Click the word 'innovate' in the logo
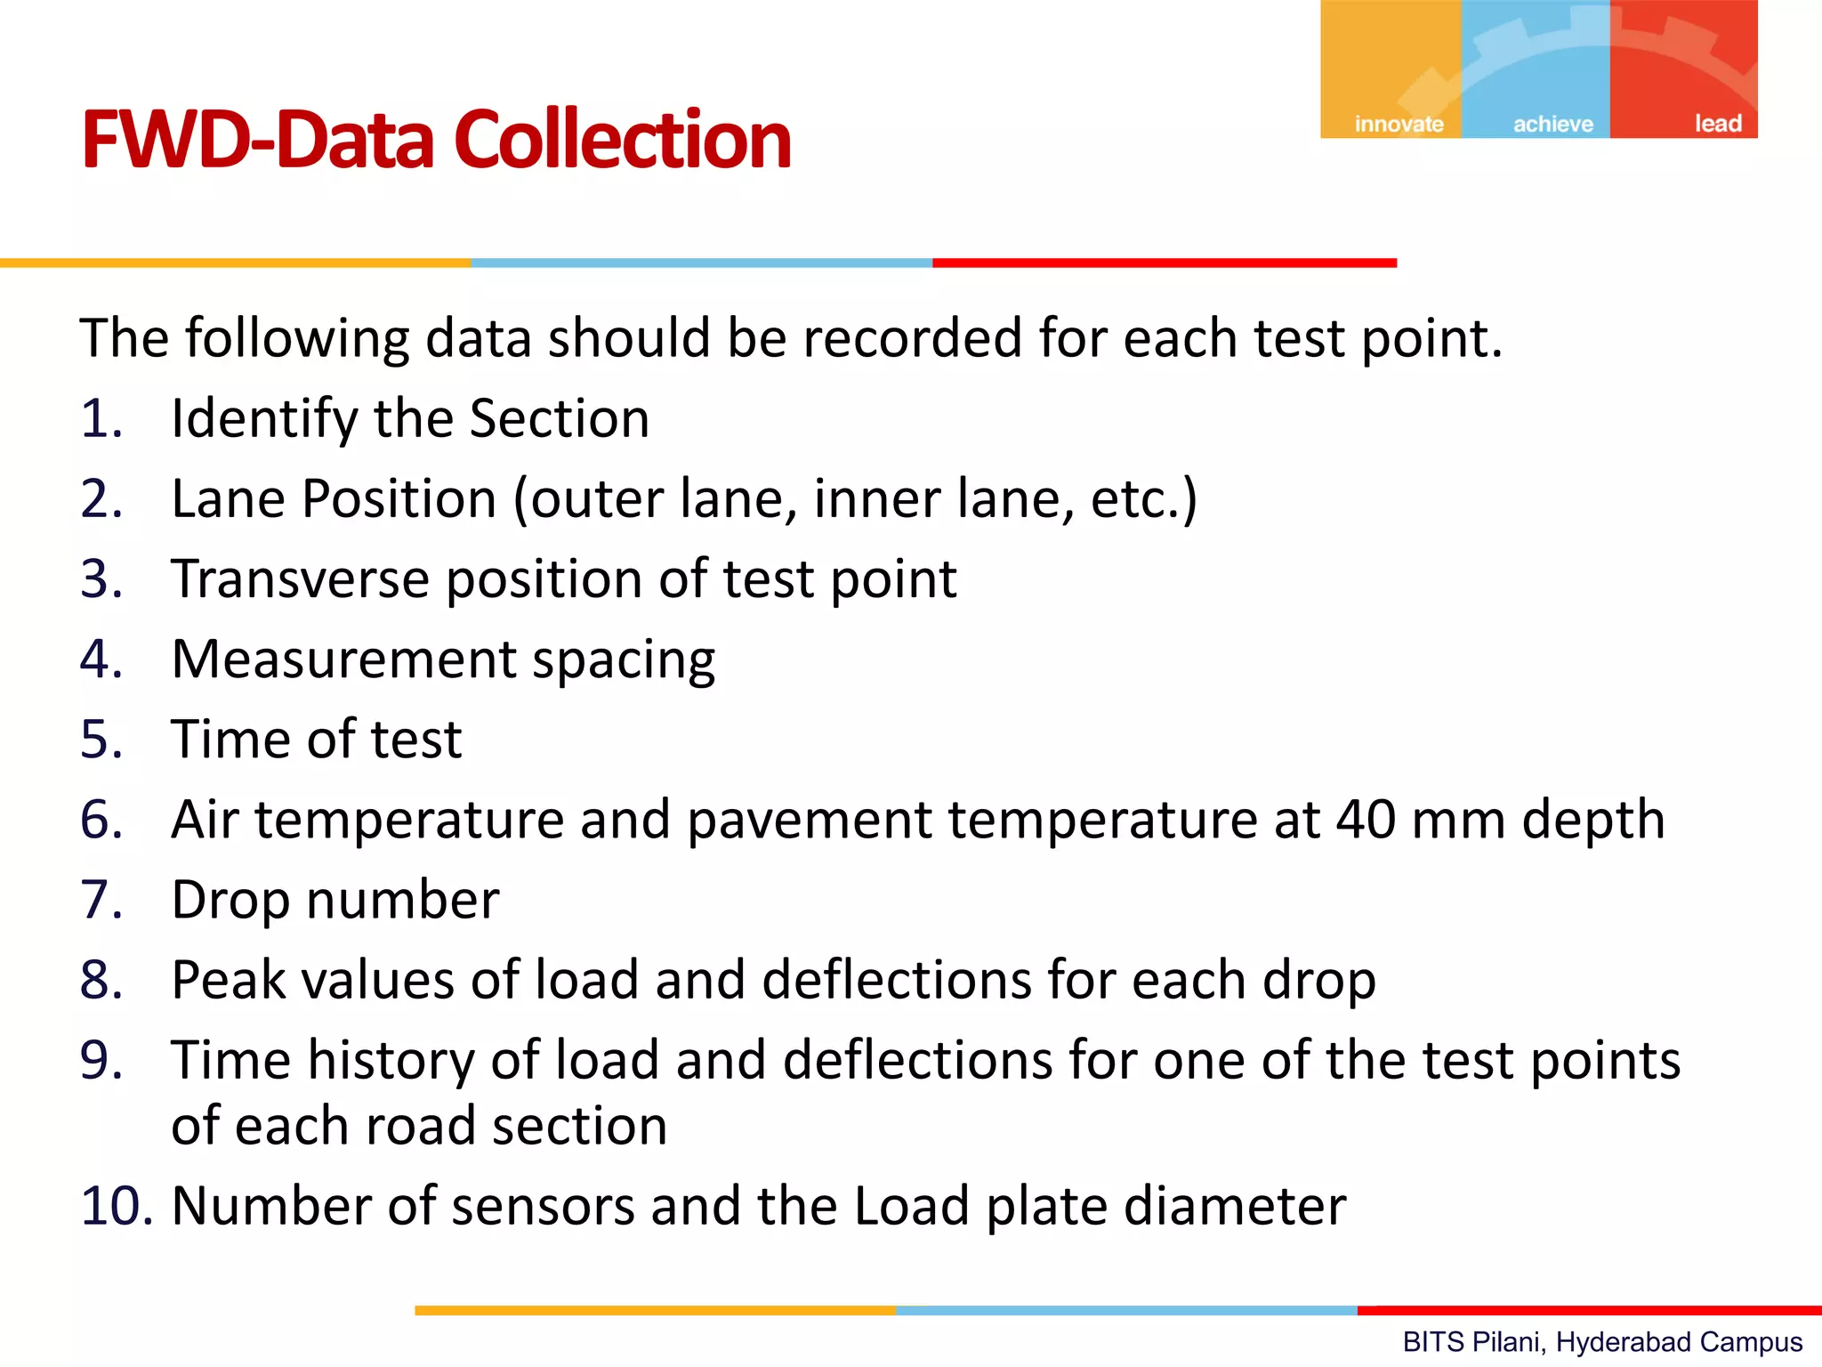(x=1399, y=124)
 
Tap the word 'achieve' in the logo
(x=1553, y=124)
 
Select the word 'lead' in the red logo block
(x=1718, y=124)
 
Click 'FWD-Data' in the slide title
(x=259, y=140)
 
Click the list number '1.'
(x=101, y=418)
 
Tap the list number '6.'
(x=101, y=820)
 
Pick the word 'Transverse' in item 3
(x=300, y=579)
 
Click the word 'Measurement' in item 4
(x=343, y=659)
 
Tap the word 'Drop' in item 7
(x=230, y=901)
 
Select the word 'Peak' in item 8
(x=228, y=980)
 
